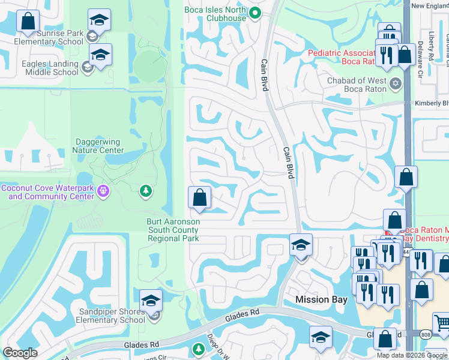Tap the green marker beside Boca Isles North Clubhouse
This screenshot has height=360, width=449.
click(x=255, y=13)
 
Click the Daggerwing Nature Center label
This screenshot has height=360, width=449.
click(x=97, y=146)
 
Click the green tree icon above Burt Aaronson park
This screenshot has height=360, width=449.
click(x=145, y=191)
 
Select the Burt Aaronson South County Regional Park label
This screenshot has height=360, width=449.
click(x=173, y=230)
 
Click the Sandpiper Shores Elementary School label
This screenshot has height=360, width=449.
click(x=112, y=316)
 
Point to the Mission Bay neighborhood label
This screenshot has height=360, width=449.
click(x=321, y=299)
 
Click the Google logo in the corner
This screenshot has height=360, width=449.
click(x=20, y=353)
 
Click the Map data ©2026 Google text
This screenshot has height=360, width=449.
click(x=412, y=355)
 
